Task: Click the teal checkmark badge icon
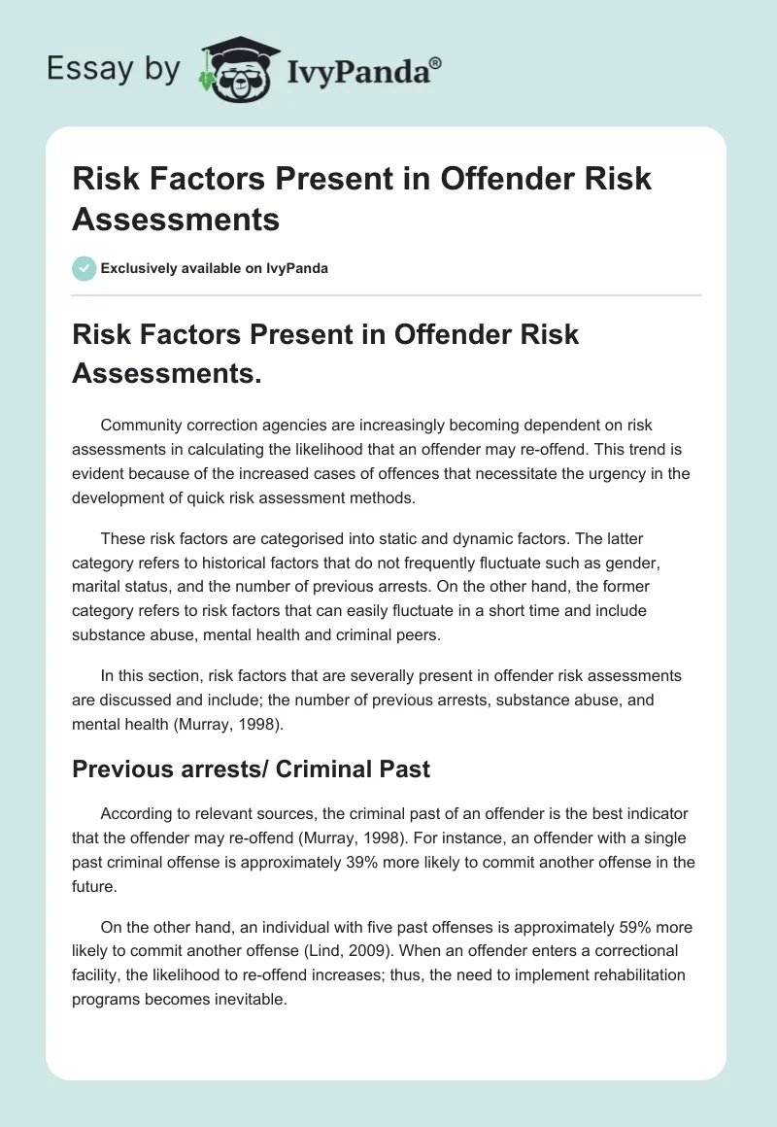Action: click(x=84, y=268)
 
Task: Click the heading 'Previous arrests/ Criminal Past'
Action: click(x=251, y=768)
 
